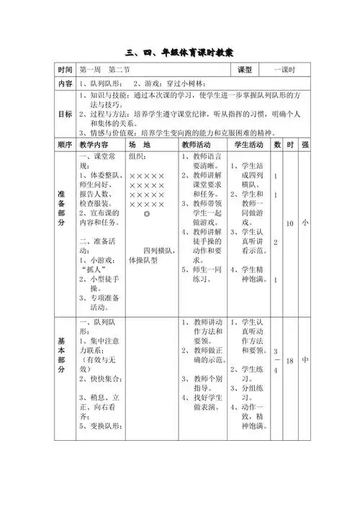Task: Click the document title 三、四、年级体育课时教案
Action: coord(180,52)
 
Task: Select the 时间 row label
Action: coord(66,70)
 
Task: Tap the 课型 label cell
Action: coord(244,70)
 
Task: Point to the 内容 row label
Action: coord(66,84)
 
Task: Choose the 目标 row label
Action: coord(66,114)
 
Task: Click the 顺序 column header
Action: coord(66,145)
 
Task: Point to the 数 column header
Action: coord(277,145)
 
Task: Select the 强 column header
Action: coord(305,145)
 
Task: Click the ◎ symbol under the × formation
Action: coord(147,215)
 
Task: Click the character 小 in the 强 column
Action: coord(305,223)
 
